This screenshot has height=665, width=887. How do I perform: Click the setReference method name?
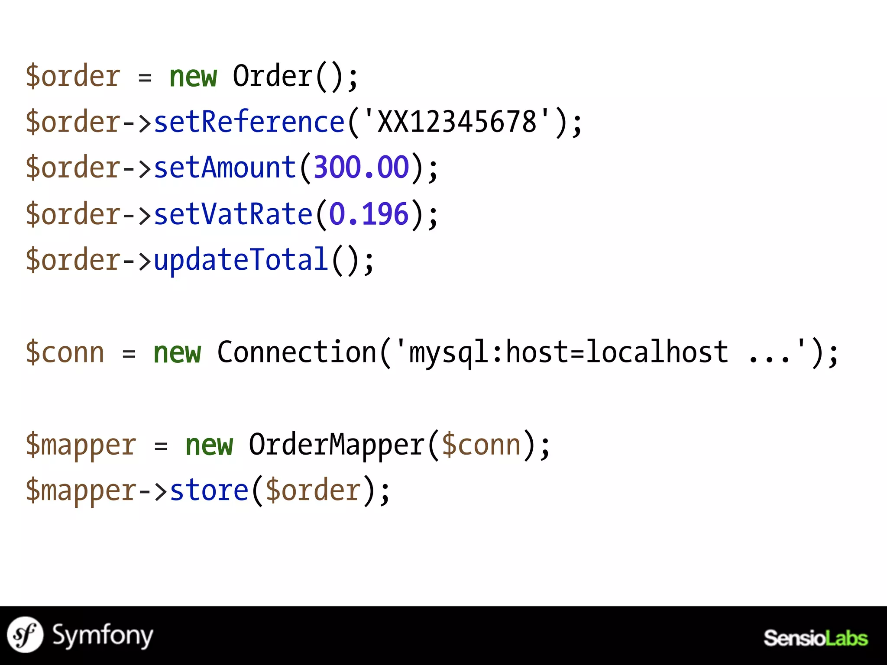point(249,122)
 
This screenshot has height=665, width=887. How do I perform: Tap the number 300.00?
point(361,168)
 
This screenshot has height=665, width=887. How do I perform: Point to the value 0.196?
point(369,214)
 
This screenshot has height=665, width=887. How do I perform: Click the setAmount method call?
point(225,168)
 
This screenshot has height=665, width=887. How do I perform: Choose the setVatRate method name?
point(233,214)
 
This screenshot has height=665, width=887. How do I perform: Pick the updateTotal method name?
point(241,260)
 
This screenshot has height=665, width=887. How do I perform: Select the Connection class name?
point(297,352)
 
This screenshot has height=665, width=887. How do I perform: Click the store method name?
point(209,491)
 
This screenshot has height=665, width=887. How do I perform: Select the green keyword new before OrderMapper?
point(209,445)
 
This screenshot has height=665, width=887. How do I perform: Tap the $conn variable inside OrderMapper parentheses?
point(481,445)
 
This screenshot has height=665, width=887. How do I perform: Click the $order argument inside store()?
point(313,491)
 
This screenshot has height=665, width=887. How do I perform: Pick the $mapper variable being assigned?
point(81,445)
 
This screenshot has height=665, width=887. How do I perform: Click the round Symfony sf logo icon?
point(25,635)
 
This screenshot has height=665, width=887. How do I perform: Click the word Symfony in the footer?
point(103,636)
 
